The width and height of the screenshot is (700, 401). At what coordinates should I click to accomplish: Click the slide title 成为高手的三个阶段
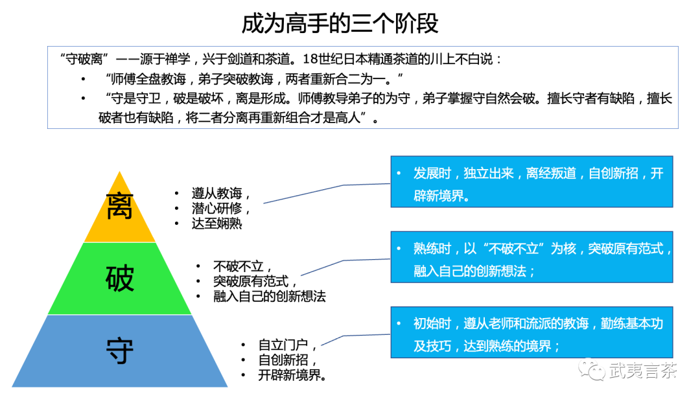click(340, 23)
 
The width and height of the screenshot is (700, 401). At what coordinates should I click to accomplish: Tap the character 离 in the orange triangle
click(119, 207)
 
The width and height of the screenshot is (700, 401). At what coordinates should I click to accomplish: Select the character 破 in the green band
click(119, 279)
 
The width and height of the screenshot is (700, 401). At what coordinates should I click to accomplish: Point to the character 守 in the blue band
click(119, 351)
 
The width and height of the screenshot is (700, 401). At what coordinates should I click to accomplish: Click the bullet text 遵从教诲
click(220, 194)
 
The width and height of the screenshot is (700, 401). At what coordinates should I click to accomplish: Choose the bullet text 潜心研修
click(220, 209)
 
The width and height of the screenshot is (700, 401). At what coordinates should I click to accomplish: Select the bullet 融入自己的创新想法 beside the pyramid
click(269, 297)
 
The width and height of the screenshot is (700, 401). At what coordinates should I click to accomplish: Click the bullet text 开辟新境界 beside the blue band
click(291, 375)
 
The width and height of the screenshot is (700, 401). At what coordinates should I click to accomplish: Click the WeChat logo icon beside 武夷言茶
click(592, 371)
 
